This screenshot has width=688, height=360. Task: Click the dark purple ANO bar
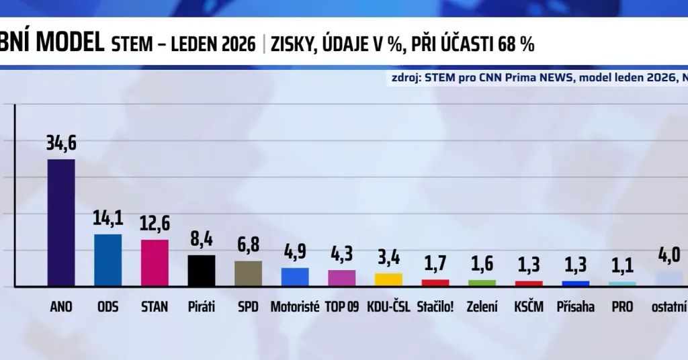pos(60,222)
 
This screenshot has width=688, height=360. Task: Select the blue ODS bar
pos(107,260)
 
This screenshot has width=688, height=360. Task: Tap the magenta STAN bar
pos(155,263)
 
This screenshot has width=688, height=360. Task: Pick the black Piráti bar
pos(201,271)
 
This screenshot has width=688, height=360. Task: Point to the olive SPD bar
pos(248,273)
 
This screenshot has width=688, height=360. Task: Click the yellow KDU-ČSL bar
pos(388,279)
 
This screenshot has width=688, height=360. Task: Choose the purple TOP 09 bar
pos(341,278)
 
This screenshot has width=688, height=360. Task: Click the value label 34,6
pos(60,144)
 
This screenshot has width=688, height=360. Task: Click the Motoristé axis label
pos(295,307)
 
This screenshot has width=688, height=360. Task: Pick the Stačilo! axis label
pos(435,307)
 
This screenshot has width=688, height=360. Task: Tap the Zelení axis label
pos(482,307)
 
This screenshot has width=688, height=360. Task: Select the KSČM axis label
pos(529,307)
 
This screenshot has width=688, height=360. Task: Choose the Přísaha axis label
pos(575,307)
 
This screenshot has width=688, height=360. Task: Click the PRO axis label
pos(622,307)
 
